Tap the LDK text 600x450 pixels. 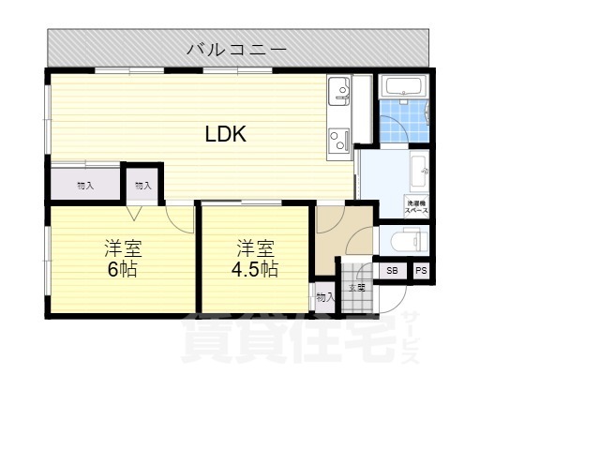tap(226, 134)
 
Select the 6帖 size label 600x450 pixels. tap(123, 269)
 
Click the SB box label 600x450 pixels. tap(392, 271)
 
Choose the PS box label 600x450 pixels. tap(421, 271)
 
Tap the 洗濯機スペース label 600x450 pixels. tap(417, 207)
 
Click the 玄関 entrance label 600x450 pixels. tap(355, 288)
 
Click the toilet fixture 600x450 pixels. tap(406, 243)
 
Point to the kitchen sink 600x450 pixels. tap(338, 93)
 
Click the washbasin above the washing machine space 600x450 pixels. tap(419, 171)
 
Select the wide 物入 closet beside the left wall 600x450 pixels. tap(84, 186)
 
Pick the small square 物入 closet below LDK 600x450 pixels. tap(142, 186)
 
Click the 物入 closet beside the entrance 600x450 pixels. tap(324, 297)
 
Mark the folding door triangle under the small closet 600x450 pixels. tap(142, 211)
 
